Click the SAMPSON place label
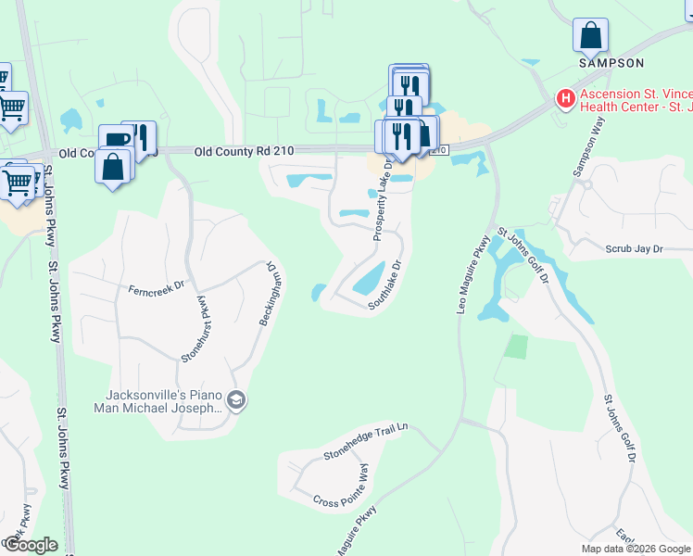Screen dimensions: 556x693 [611, 63]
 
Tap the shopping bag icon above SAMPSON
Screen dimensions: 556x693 [590, 37]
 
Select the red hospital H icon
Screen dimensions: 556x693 [564, 97]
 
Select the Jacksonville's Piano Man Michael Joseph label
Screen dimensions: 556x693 [157, 399]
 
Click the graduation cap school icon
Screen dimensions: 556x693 [236, 400]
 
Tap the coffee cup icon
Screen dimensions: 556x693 [116, 140]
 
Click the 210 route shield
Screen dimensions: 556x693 [439, 150]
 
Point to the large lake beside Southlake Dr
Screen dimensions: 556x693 [369, 276]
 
